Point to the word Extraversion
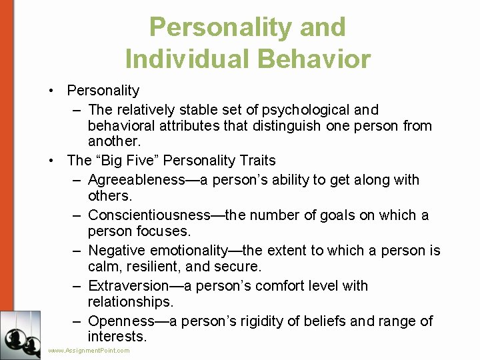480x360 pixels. click(x=127, y=285)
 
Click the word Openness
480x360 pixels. click(x=121, y=321)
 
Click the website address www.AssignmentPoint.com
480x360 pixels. click(x=89, y=351)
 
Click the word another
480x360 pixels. click(x=113, y=141)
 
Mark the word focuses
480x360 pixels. click(x=165, y=231)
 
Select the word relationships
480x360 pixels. click(x=129, y=301)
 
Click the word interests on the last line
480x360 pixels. click(x=116, y=337)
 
